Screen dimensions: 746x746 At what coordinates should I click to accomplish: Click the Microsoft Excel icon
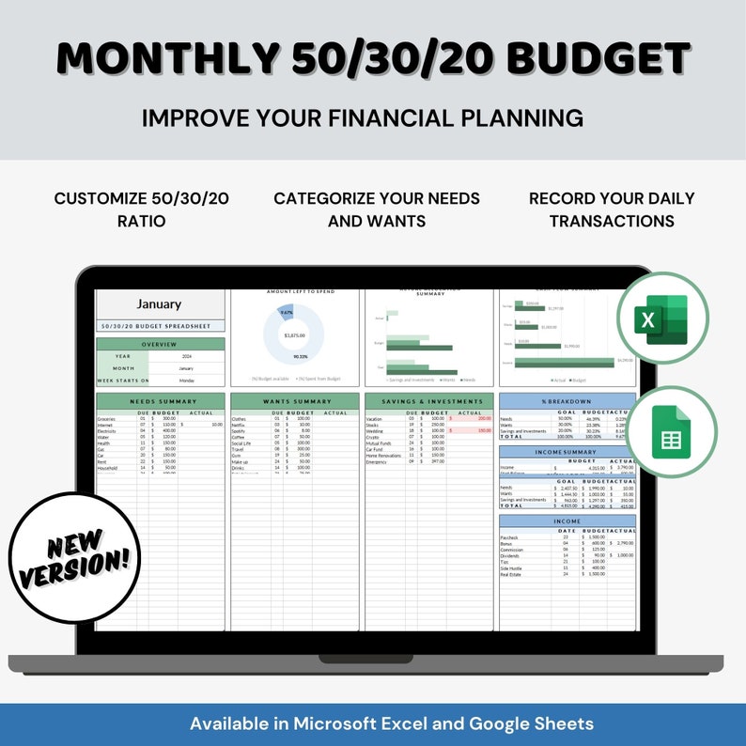point(665,318)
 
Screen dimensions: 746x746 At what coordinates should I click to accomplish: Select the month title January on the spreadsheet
point(159,304)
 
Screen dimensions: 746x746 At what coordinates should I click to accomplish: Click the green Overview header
point(161,344)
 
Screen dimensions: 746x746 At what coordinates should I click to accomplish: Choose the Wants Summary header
point(295,402)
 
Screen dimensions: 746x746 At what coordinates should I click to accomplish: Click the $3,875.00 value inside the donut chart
point(295,334)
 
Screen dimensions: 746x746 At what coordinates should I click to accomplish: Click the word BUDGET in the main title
point(598,58)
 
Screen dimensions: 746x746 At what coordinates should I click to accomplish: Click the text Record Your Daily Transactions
point(611,210)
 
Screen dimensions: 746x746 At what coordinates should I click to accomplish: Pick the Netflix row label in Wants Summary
point(241,424)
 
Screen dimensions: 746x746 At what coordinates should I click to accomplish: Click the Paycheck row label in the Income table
point(509,537)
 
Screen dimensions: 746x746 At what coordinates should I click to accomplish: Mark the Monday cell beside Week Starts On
point(187,381)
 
